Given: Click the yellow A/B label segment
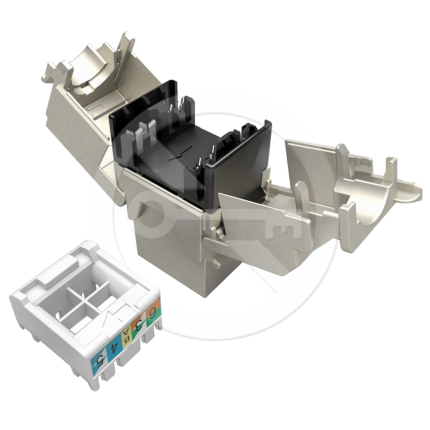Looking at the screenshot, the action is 126,336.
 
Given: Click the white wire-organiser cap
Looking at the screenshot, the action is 85,312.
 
